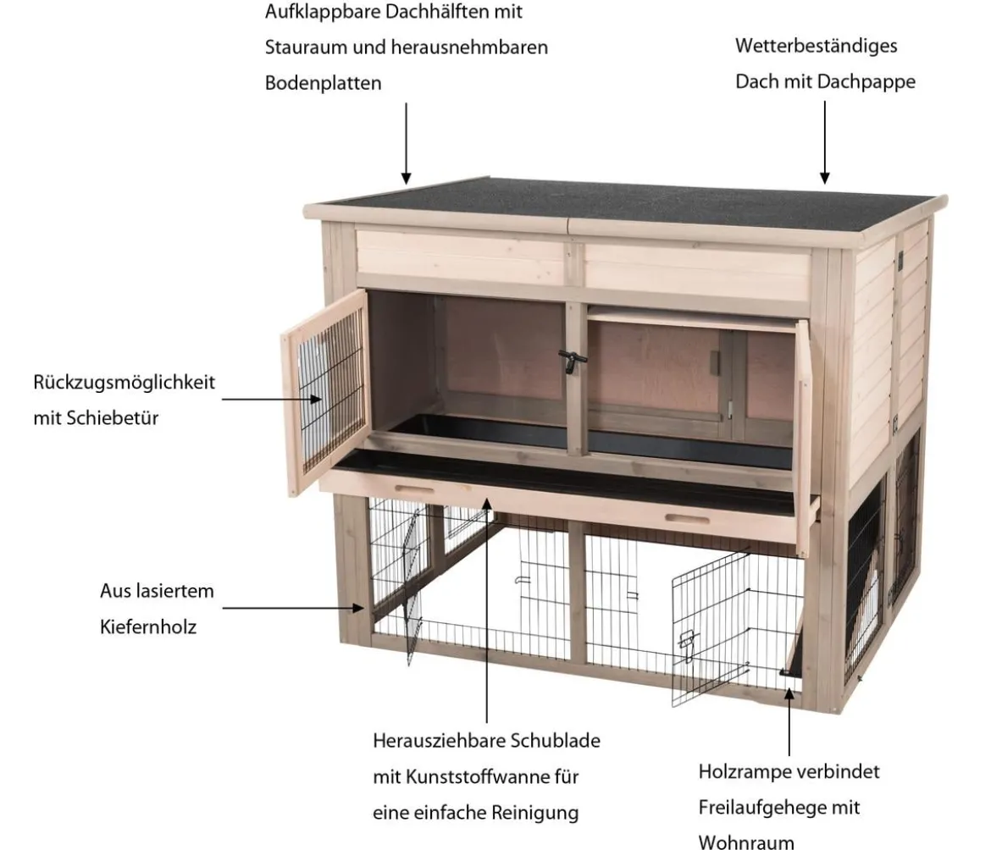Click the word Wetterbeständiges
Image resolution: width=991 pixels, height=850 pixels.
(x=816, y=46)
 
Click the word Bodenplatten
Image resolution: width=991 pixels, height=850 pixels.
(x=323, y=83)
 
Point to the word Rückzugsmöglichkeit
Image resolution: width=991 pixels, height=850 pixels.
(x=124, y=383)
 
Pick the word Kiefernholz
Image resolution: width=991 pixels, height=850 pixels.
(x=148, y=627)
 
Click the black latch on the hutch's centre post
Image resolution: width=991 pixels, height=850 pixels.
(x=572, y=362)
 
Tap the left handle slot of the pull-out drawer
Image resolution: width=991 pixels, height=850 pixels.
(x=414, y=488)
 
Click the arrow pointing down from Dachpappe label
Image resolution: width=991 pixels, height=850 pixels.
(x=824, y=142)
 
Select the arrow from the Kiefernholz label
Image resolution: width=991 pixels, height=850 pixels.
(x=293, y=608)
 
